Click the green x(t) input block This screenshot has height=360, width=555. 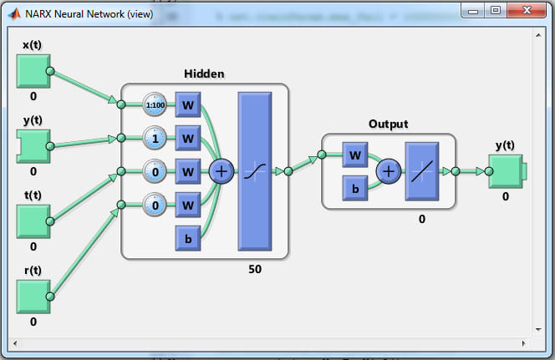click(33, 71)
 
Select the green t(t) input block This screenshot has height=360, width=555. click(33, 221)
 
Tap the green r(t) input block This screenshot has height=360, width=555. click(33, 296)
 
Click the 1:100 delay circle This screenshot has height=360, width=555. click(155, 104)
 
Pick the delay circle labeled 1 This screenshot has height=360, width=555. click(155, 138)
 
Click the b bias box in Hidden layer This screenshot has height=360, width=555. click(188, 238)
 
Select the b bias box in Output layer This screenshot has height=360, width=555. click(355, 188)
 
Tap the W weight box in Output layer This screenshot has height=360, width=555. click(355, 155)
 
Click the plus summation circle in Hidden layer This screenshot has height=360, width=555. click(221, 171)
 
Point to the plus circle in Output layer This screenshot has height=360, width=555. click(389, 171)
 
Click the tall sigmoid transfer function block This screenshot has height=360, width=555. click(255, 171)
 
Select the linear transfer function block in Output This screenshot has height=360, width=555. click(422, 171)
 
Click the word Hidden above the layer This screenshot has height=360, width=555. click(204, 74)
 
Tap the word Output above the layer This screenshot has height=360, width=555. click(388, 124)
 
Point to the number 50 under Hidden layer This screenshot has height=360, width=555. click(255, 269)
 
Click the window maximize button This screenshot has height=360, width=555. click(496, 10)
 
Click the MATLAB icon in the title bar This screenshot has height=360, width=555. click(13, 12)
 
